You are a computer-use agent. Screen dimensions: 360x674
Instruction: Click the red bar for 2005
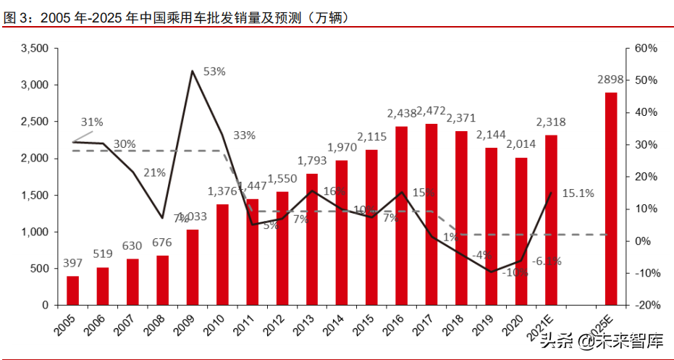[x=72, y=290]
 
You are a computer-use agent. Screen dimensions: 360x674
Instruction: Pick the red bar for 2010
[x=222, y=254]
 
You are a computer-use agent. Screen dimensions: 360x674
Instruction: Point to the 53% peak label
[x=214, y=72]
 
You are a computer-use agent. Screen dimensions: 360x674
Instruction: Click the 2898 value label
[x=611, y=79]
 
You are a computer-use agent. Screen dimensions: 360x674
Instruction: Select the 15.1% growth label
[x=578, y=193]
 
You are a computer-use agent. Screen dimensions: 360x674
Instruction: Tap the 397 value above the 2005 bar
[x=72, y=261]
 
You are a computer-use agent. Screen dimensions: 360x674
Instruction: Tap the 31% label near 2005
[x=92, y=122]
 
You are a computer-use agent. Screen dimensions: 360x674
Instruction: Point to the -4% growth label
[x=483, y=255]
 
